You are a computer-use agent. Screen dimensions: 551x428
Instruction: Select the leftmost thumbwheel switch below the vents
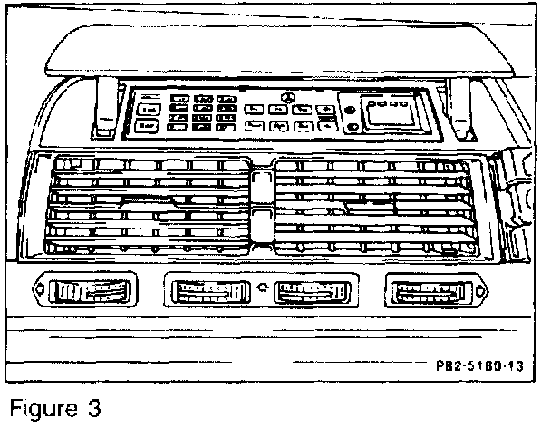(x=89, y=292)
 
